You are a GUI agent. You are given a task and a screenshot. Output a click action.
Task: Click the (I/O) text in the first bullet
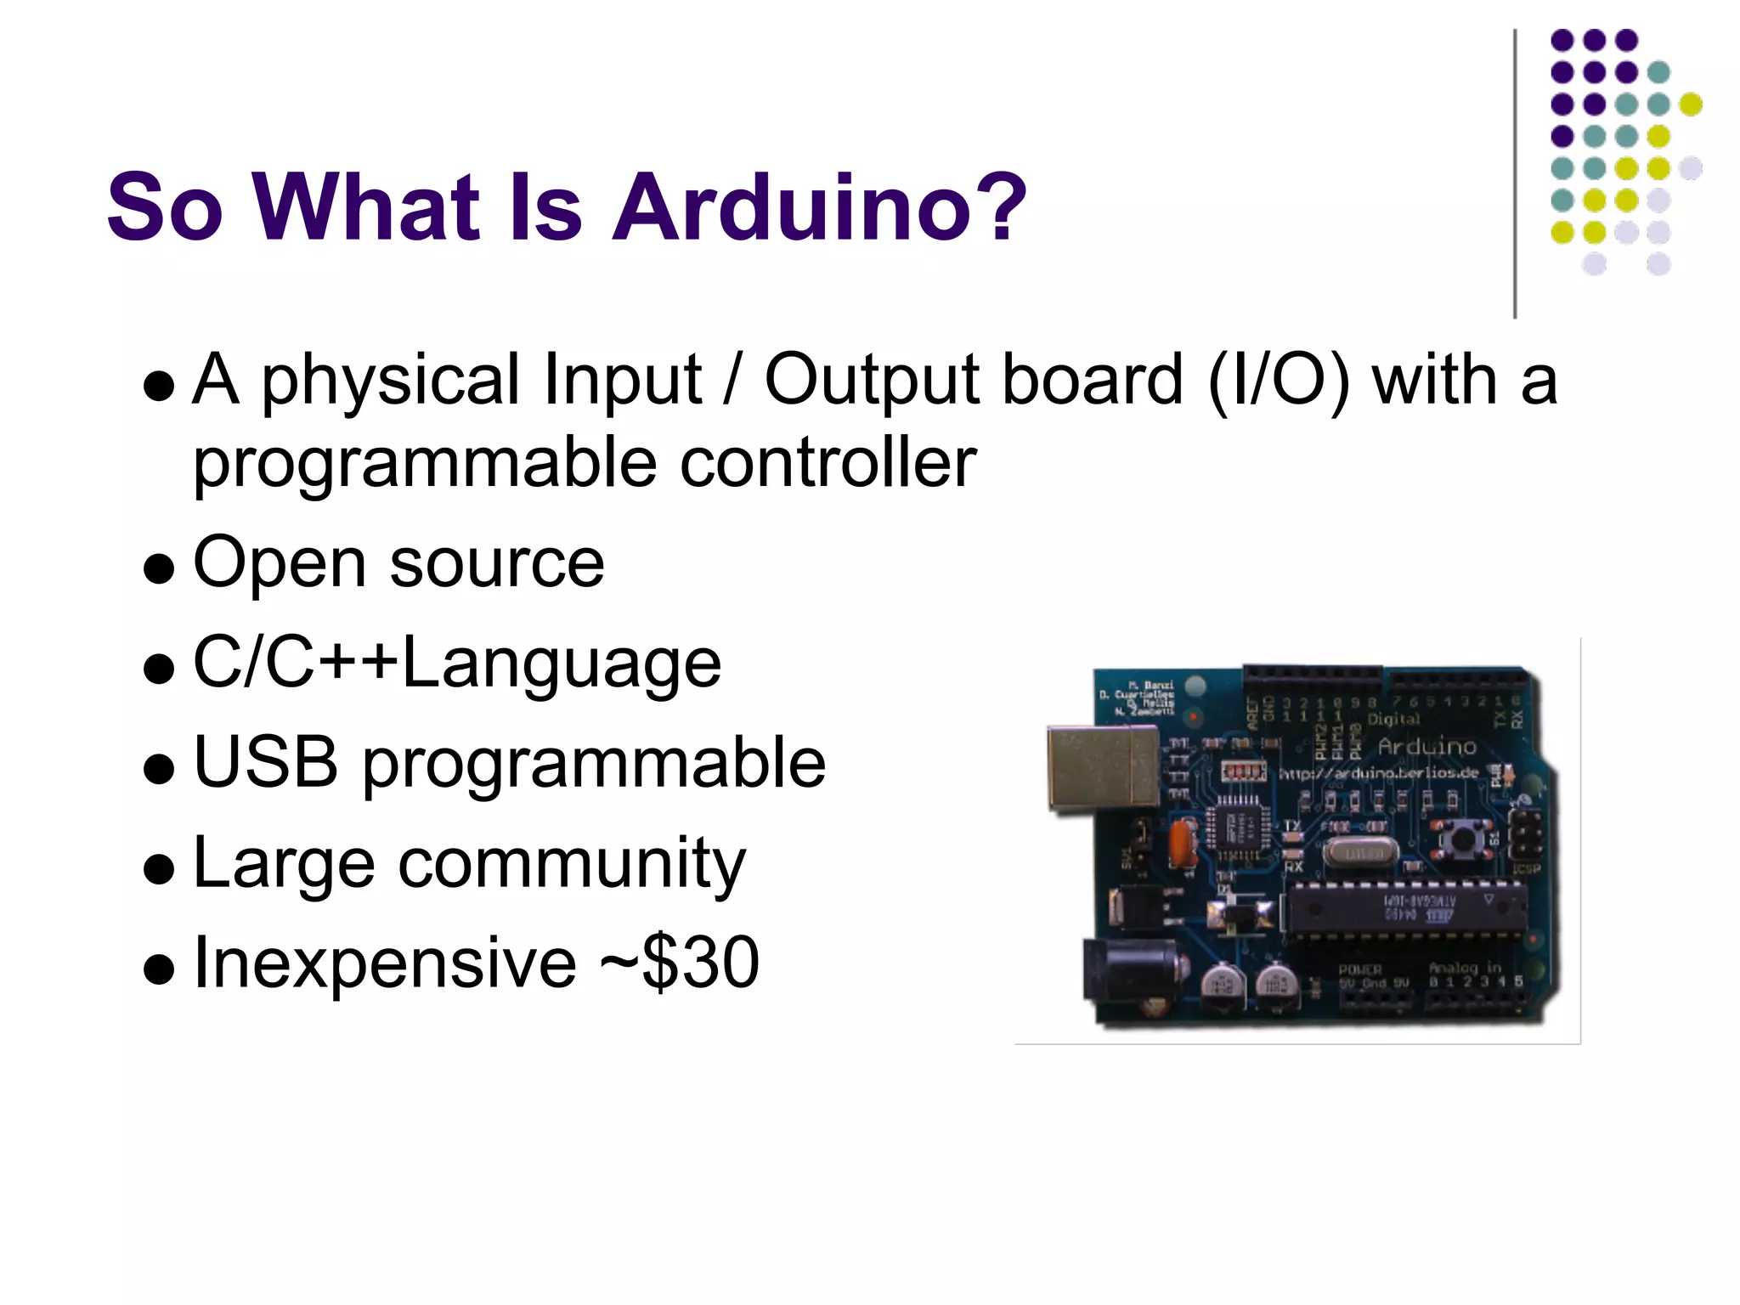tap(1278, 381)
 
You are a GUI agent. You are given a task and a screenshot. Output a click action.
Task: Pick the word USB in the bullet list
tap(266, 761)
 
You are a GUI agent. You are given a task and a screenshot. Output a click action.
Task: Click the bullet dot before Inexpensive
tap(159, 968)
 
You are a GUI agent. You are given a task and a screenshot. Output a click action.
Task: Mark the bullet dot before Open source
tap(159, 568)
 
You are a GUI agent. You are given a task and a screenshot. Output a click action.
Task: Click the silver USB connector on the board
tap(1102, 767)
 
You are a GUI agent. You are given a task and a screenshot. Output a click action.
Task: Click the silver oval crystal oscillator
tap(1359, 852)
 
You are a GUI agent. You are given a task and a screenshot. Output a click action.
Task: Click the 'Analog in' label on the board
tap(1465, 967)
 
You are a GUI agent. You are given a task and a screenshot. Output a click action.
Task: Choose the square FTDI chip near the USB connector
tap(1240, 825)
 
